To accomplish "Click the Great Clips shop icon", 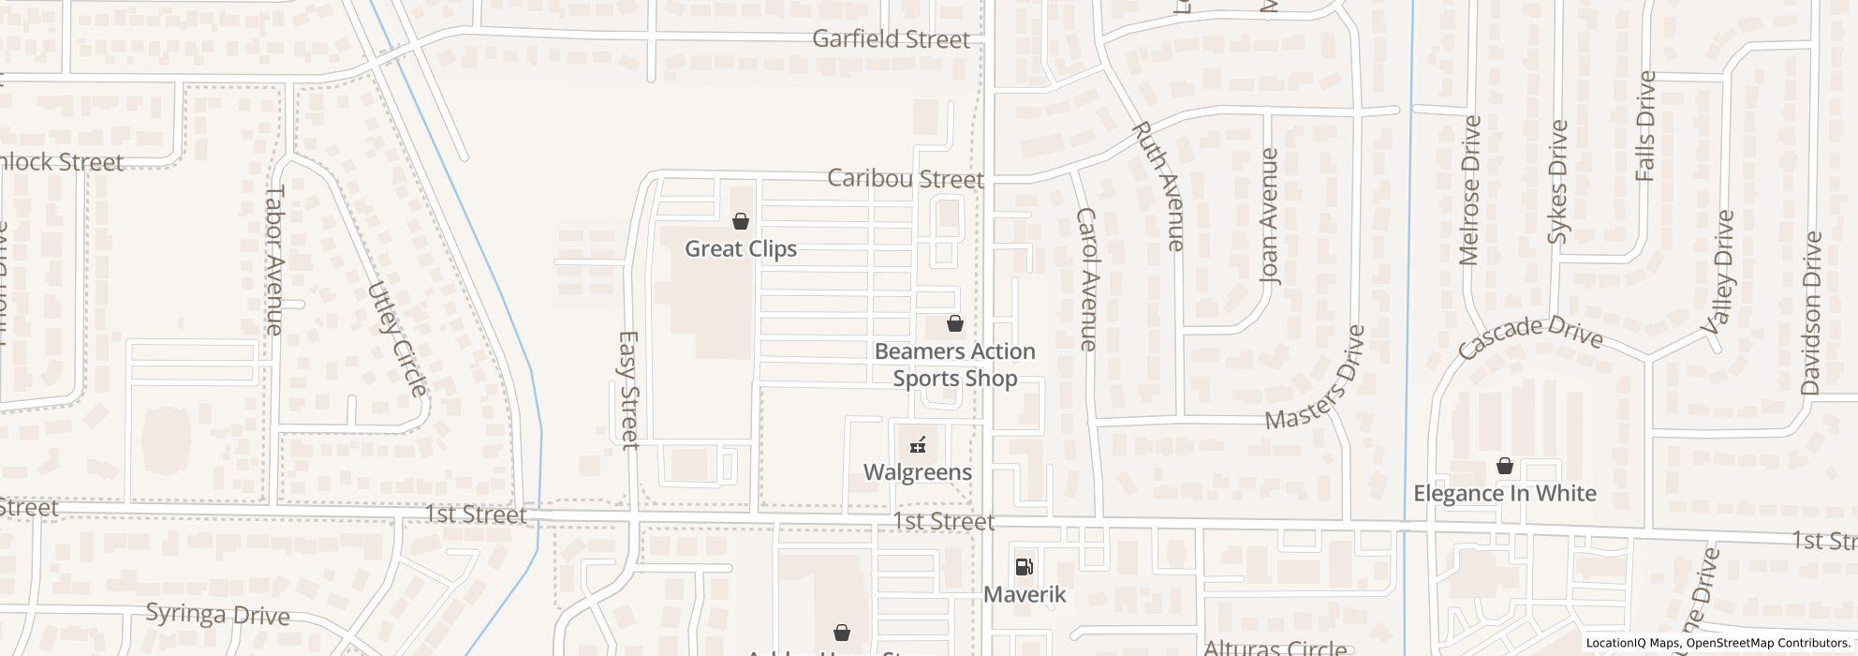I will click(741, 222).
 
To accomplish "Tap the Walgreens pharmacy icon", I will click(918, 445).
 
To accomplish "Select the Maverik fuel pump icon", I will click(1025, 566).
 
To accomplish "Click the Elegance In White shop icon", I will click(1505, 466).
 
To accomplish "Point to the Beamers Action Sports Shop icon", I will click(955, 324).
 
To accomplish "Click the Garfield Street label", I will click(891, 39).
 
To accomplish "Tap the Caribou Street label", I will click(905, 179).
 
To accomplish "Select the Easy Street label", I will click(629, 389).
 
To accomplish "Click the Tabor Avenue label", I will click(273, 260).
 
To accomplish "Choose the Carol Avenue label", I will click(1086, 279).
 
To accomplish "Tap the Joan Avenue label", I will click(1269, 216).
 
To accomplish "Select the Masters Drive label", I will click(1315, 378).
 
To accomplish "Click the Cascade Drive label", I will click(1530, 338).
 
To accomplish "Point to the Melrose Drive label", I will click(1468, 190).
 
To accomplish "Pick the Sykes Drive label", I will click(1557, 182).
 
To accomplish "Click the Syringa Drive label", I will click(217, 616).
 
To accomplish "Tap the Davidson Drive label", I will click(1810, 313).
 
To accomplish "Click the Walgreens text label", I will click(918, 471).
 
